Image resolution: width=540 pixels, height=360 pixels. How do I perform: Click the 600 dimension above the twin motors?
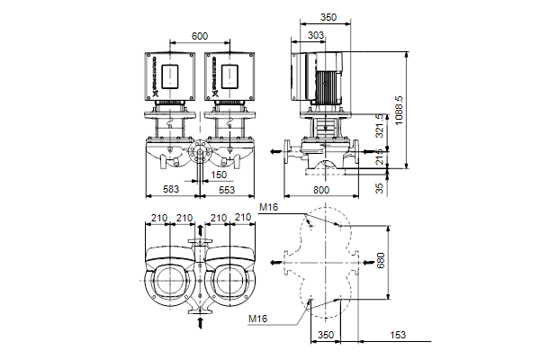pos(200,35)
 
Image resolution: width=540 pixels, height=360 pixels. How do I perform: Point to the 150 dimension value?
pos(219,175)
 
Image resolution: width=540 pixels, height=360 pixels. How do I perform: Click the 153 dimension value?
pos(395,335)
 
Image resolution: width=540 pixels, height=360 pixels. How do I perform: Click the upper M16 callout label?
pos(268,208)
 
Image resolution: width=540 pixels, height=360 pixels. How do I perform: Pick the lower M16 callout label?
pos(259,319)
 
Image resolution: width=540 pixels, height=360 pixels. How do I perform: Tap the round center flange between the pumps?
pos(199,153)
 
